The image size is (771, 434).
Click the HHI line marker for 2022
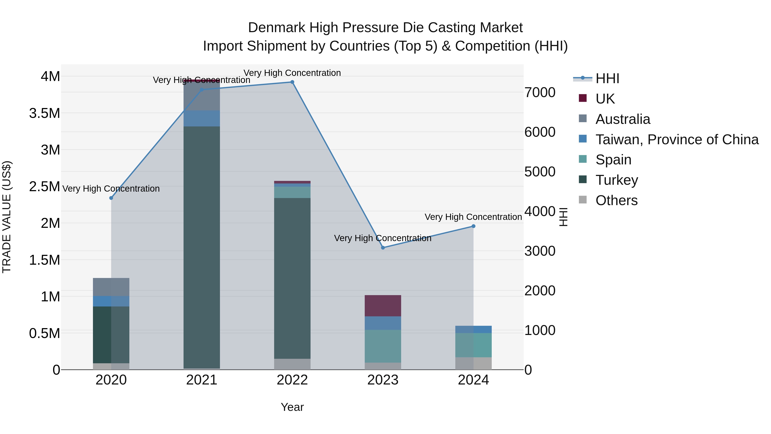pyautogui.click(x=292, y=82)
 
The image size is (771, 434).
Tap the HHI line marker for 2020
pyautogui.click(x=111, y=198)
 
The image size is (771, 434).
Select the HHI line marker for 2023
pyautogui.click(x=383, y=248)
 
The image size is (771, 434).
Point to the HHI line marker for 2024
pyautogui.click(x=473, y=226)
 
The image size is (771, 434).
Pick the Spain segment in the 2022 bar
pyautogui.click(x=292, y=192)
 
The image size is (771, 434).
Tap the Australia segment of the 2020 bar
pyautogui.click(x=111, y=287)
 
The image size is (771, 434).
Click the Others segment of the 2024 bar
pyautogui.click(x=473, y=363)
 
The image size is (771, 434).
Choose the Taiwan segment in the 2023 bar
pyautogui.click(x=383, y=323)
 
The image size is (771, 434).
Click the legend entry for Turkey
pyautogui.click(x=617, y=180)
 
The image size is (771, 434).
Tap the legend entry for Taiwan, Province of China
pyautogui.click(x=676, y=140)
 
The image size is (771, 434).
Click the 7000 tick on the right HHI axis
pyautogui.click(x=540, y=93)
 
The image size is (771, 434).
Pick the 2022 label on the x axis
pyautogui.click(x=292, y=380)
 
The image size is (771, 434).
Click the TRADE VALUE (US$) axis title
pyautogui.click(x=7, y=217)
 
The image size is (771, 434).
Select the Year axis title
pyautogui.click(x=292, y=407)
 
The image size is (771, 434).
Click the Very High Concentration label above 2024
pyautogui.click(x=473, y=217)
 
